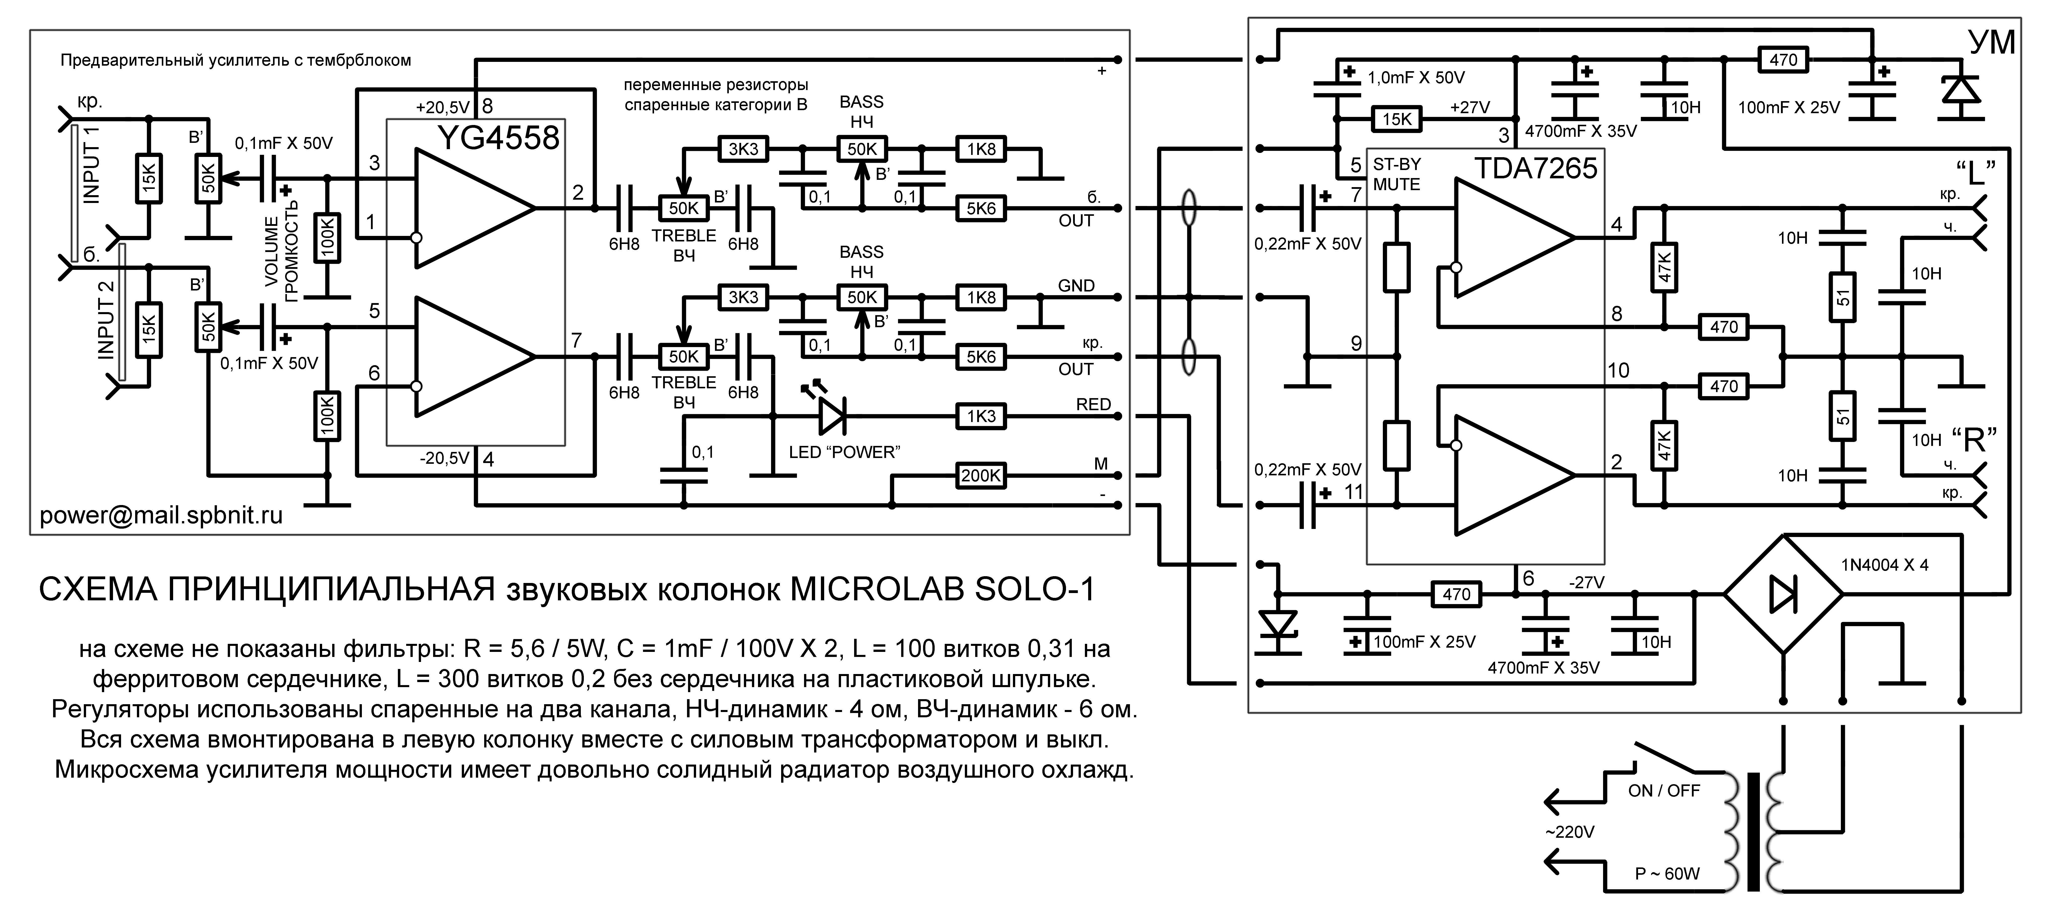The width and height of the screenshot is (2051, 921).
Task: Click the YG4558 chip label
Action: pyautogui.click(x=499, y=139)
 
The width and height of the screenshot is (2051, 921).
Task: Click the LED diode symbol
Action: pyautogui.click(x=830, y=414)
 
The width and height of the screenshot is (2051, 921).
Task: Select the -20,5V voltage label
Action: pyautogui.click(x=444, y=458)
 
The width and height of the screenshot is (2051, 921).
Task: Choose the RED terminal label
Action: pyautogui.click(x=1093, y=404)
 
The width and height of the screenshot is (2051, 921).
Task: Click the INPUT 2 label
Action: pyautogui.click(x=106, y=320)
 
